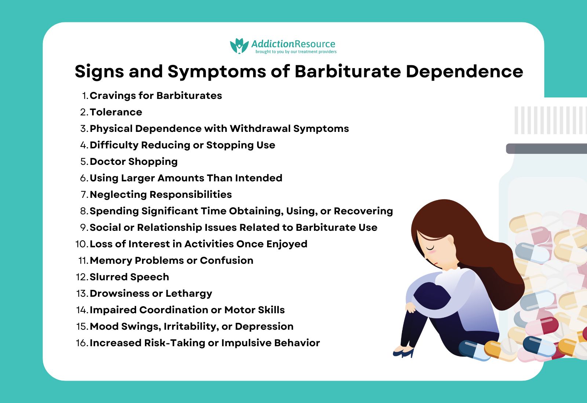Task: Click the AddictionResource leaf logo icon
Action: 239,46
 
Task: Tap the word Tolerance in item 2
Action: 116,112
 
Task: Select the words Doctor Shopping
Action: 134,162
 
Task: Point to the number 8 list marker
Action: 84,211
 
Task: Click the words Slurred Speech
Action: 129,277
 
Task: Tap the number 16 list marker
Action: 82,343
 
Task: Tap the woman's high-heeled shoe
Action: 404,353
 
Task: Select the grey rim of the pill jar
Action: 547,148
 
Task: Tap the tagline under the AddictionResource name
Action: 296,52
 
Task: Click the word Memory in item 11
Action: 111,260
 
